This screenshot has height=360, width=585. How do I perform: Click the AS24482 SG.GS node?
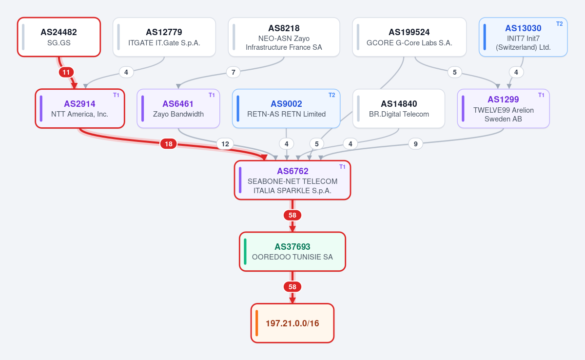59,37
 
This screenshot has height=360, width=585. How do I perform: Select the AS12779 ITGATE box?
164,37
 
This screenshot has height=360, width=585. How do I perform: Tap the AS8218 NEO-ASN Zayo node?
284,37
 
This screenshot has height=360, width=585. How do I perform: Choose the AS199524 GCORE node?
409,37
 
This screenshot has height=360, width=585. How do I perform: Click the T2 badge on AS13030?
560,24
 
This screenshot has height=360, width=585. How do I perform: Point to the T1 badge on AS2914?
116,95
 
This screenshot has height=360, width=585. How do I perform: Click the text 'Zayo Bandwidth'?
178,114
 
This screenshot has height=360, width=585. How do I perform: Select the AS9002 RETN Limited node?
286,108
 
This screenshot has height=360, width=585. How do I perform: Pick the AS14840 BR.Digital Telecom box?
399,108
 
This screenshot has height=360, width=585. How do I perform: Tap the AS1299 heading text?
503,100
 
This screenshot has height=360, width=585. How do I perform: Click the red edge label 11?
66,72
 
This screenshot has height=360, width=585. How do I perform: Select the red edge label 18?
169,144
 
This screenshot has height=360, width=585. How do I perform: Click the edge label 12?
225,144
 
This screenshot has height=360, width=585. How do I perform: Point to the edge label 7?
233,72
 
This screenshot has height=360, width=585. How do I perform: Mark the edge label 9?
415,144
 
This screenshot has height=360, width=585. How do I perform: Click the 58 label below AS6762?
292,215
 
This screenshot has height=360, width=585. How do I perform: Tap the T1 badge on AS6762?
342,167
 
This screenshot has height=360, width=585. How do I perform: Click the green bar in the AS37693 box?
245,252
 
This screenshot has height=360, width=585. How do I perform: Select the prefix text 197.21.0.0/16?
292,323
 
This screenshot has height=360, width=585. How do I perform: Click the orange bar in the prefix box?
257,323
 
